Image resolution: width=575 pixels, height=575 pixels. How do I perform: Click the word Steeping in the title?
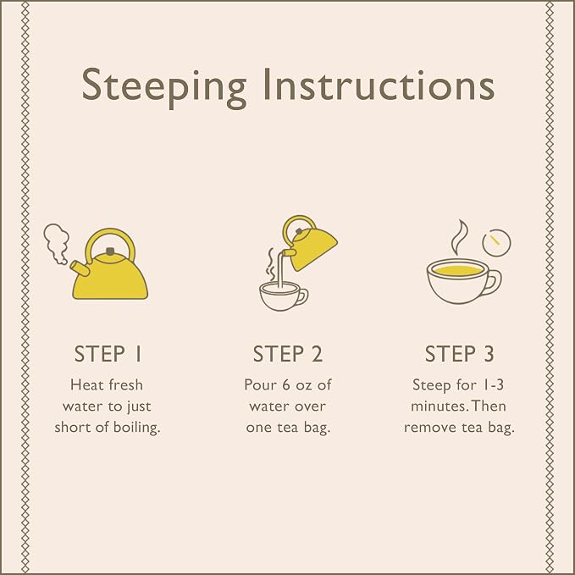click(164, 88)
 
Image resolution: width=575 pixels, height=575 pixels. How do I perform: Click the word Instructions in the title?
click(379, 85)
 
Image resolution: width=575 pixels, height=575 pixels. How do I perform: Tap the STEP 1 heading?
click(108, 354)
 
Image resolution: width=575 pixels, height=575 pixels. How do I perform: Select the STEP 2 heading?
click(288, 354)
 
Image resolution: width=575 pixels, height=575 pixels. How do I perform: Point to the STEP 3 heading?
click(460, 354)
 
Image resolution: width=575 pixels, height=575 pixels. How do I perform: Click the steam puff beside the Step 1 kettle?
click(57, 243)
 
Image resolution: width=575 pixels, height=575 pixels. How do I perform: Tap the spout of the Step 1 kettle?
click(80, 268)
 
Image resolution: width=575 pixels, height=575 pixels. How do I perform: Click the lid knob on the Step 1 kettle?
click(109, 252)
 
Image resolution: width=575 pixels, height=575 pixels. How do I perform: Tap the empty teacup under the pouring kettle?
click(283, 296)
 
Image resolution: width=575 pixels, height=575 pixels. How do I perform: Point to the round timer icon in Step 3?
click(496, 242)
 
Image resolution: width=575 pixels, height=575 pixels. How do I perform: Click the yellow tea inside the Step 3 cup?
click(457, 271)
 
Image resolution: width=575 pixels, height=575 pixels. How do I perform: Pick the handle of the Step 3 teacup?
click(495, 282)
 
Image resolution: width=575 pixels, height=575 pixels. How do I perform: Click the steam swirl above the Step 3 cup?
click(459, 238)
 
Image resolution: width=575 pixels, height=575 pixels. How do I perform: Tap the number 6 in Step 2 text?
click(286, 385)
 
